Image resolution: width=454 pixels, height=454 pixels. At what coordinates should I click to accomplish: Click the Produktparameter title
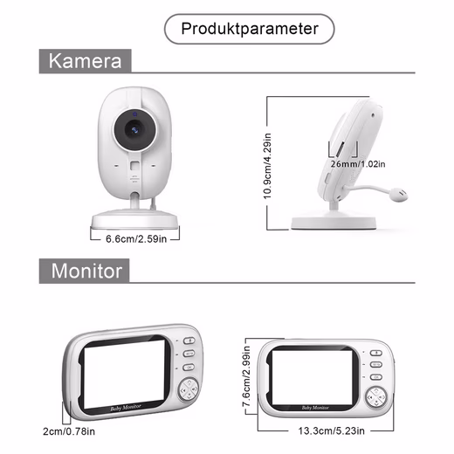pyautogui.click(x=250, y=29)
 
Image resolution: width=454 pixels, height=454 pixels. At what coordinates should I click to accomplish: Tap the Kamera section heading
pyautogui.click(x=85, y=61)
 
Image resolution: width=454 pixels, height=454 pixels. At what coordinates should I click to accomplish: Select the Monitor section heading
pyautogui.click(x=86, y=271)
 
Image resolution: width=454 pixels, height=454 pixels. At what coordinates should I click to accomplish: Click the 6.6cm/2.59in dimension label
pyautogui.click(x=136, y=239)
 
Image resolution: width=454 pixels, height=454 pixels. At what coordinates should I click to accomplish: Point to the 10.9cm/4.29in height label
pyautogui.click(x=267, y=166)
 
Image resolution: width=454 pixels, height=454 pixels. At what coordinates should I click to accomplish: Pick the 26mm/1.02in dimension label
pyautogui.click(x=358, y=164)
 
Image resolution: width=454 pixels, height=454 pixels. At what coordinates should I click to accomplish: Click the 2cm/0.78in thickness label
pyautogui.click(x=69, y=431)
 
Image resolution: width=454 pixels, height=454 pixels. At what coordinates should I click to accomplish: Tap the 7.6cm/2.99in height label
pyautogui.click(x=246, y=376)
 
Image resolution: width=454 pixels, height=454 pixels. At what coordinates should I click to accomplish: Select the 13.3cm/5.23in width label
pyautogui.click(x=331, y=430)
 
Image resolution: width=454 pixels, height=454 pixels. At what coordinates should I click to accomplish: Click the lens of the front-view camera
pyautogui.click(x=134, y=130)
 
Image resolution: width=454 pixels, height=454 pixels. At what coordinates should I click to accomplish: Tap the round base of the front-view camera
pyautogui.click(x=134, y=219)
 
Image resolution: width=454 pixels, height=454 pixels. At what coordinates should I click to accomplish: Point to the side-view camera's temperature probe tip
pyautogui.click(x=398, y=194)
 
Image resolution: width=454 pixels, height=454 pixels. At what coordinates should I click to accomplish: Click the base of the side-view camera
pyautogui.click(x=334, y=223)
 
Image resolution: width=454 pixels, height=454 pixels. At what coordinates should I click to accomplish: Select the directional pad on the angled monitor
pyautogui.click(x=189, y=389)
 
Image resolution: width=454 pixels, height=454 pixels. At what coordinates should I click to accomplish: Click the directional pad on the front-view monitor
pyautogui.click(x=376, y=396)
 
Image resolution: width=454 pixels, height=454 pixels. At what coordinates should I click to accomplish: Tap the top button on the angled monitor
pyautogui.click(x=189, y=340)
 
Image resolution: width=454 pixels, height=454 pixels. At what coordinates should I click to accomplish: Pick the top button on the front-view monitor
pyautogui.click(x=375, y=353)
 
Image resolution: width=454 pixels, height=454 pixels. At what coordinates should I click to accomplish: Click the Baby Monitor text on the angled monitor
pyautogui.click(x=126, y=408)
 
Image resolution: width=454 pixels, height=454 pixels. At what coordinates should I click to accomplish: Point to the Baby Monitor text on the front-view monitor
pyautogui.click(x=315, y=408)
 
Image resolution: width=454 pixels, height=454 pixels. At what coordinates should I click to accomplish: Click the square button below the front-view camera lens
pyautogui.click(x=134, y=166)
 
